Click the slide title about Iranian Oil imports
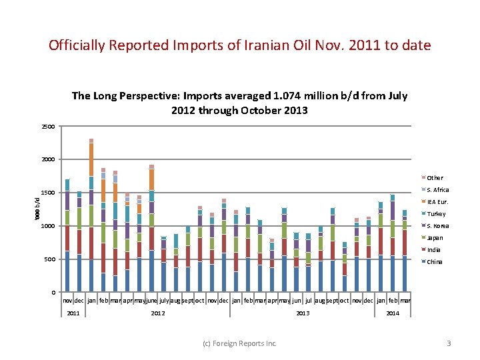[x=240, y=45]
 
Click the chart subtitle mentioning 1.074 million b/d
[x=239, y=102]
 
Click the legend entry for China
[x=434, y=262]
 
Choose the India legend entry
[x=433, y=250]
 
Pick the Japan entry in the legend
[x=435, y=238]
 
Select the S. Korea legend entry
[x=437, y=226]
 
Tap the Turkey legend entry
[x=436, y=214]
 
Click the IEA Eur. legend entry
[x=437, y=202]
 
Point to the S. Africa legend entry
[x=437, y=190]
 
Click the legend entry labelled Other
[x=435, y=178]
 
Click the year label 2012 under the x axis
[x=158, y=313]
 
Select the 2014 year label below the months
[x=393, y=313]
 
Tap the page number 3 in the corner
[x=449, y=343]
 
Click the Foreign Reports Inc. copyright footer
[x=239, y=343]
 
